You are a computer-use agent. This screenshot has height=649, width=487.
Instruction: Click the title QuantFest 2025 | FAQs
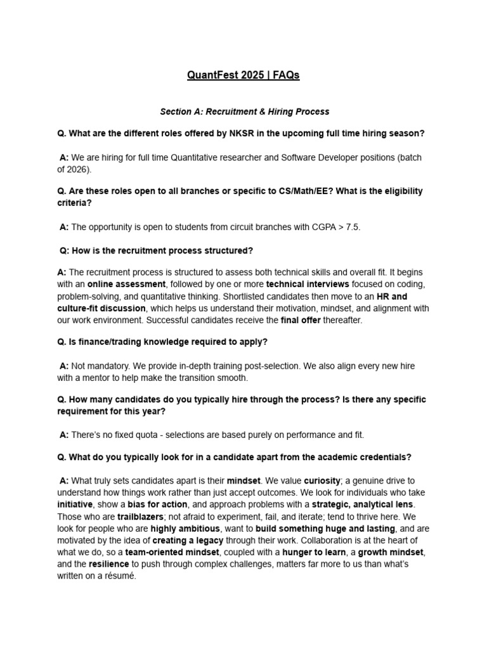[243, 75]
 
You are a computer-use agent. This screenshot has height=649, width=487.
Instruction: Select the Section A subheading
[244, 112]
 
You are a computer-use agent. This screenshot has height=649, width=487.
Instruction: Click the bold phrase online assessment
[127, 284]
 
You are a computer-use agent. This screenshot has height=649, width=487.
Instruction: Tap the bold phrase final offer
[301, 320]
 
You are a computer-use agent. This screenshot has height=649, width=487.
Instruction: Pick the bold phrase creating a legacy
[189, 540]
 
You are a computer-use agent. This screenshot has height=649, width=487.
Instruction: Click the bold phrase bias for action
[157, 504]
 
